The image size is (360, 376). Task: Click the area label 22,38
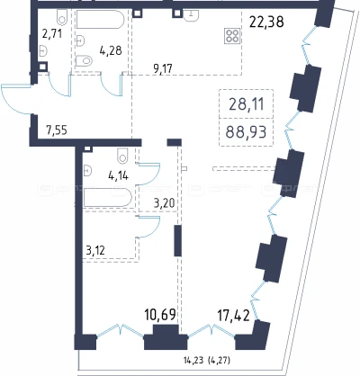click(266, 22)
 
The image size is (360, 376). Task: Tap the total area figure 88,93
click(246, 131)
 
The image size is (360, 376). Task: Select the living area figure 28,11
click(247, 104)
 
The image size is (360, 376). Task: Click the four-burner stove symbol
click(232, 36)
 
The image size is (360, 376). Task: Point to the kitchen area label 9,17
click(163, 69)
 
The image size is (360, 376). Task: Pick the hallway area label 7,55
click(57, 130)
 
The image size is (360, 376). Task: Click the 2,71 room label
click(52, 33)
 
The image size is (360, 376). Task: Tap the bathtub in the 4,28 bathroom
click(100, 20)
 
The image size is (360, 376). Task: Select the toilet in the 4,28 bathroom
click(84, 61)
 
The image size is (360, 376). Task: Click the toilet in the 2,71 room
click(62, 16)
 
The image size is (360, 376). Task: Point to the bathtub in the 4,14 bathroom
click(108, 198)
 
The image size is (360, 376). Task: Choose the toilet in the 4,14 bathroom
click(122, 156)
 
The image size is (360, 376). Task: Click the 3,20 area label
click(164, 203)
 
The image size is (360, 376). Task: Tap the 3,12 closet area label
click(95, 250)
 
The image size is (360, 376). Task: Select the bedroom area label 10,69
click(159, 315)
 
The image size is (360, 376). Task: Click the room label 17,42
click(233, 316)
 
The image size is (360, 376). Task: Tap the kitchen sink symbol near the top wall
click(191, 15)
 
